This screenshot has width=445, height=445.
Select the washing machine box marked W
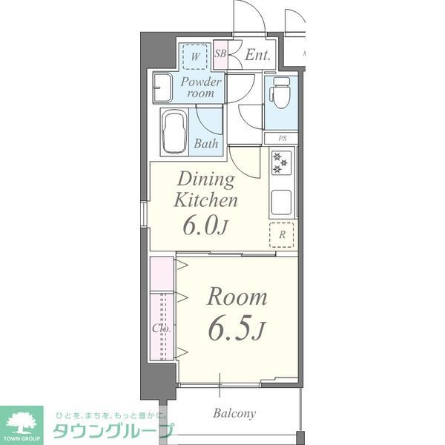[196, 57]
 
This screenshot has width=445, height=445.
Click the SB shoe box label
[220, 53]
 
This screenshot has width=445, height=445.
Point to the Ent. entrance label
[257, 54]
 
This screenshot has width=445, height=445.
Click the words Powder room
[200, 88]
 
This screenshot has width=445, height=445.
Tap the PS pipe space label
[282, 139]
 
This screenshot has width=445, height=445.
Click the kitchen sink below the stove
[282, 201]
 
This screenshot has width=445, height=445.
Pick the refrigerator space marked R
[282, 234]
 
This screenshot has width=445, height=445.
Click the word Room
[237, 297]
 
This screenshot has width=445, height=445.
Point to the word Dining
[205, 179]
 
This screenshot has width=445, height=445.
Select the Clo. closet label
[162, 328]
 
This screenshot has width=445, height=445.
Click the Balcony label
[234, 413]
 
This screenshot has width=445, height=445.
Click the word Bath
[206, 144]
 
